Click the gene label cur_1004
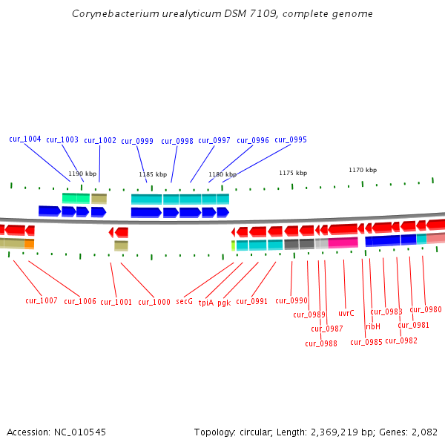coord(25,139)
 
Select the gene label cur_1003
coord(62,140)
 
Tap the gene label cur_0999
coord(137,142)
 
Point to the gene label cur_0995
coord(291,140)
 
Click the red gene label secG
coord(184,302)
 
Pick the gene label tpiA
coord(205,303)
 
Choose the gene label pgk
coord(224,303)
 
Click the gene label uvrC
coord(346,313)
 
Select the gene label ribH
coord(373,326)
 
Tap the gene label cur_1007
coord(42,300)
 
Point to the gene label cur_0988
coord(321,343)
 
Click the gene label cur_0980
coord(426,310)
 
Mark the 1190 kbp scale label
coord(82,174)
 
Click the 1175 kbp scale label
coord(293,173)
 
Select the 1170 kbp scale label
coord(363,170)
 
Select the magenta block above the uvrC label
coord(343,243)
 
